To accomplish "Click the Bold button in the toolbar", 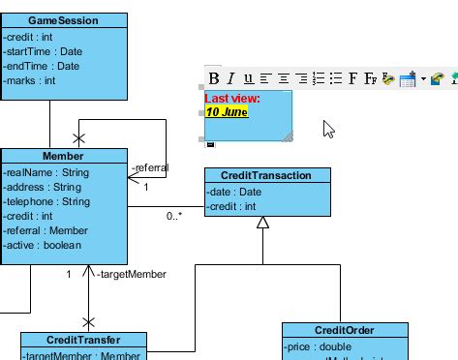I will [215, 78].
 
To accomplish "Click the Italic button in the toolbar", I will [231, 78].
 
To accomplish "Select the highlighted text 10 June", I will [226, 112].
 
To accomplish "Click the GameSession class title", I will [63, 20].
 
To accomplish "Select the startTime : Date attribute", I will [43, 52].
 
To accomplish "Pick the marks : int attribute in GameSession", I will [30, 81].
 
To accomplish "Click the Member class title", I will [63, 156].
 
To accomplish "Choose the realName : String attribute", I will [46, 172].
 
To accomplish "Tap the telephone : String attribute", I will [46, 202].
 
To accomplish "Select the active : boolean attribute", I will [43, 247].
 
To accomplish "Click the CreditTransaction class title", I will [266, 175].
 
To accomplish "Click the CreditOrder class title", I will [345, 330].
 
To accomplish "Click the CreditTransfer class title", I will [83, 340].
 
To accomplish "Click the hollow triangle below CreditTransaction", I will [262, 224].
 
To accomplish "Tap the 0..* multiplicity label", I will [174, 217].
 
